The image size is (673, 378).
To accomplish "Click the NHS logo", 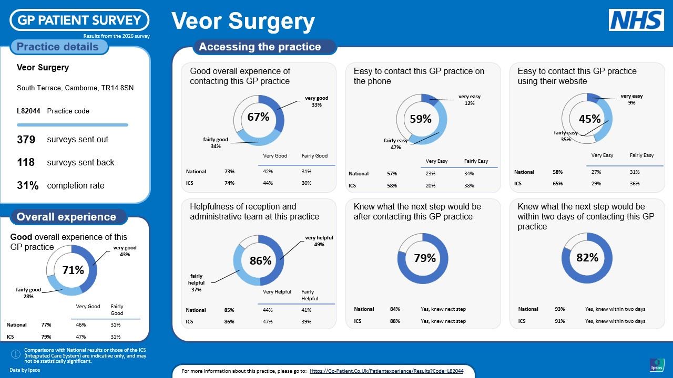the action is [636, 20].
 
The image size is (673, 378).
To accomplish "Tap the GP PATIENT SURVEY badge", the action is [79, 20].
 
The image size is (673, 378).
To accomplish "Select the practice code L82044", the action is [28, 111].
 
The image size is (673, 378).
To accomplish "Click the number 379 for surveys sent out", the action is [26, 140].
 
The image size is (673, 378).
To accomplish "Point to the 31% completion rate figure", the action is [28, 185].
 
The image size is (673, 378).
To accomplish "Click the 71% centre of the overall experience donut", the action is [73, 270].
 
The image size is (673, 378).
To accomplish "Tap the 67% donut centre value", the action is [258, 117].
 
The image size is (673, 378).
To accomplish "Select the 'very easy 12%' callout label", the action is [470, 100].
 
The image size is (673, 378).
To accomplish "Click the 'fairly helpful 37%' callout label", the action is [196, 282].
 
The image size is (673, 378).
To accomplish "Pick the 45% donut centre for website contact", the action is [590, 119].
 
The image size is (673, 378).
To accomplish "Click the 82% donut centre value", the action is [587, 257].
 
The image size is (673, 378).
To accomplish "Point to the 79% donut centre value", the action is [425, 258].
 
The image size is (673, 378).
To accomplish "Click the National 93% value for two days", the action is [560, 309].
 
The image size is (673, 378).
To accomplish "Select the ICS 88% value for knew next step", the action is [395, 321].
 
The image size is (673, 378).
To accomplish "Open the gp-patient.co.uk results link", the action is [386, 371].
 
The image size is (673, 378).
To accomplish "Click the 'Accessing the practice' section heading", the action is [260, 47].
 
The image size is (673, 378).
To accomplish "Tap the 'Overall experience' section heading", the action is [66, 217].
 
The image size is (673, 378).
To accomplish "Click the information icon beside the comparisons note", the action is [16, 354].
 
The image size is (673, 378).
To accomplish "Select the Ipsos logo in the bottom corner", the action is [657, 365].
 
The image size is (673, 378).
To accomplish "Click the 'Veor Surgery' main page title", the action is [243, 22].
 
